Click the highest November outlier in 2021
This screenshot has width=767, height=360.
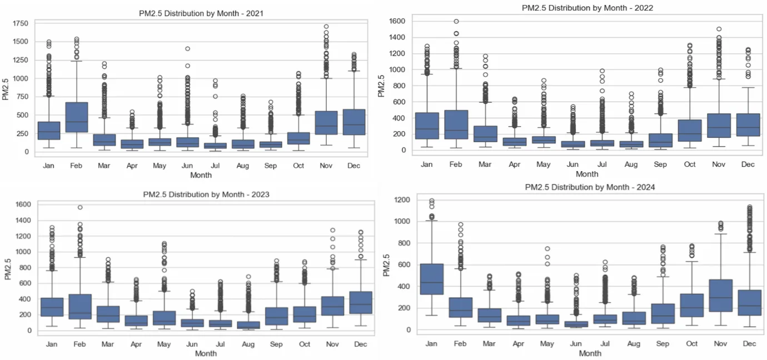pyautogui.click(x=326, y=26)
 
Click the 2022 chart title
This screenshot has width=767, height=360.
pyautogui.click(x=587, y=7)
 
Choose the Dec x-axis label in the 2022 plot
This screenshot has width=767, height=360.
pyautogui.click(x=748, y=164)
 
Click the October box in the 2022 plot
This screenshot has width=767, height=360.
pyautogui.click(x=690, y=138)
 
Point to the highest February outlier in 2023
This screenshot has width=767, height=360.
pyautogui.click(x=80, y=207)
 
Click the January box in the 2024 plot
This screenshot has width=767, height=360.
pyautogui.click(x=431, y=287)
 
